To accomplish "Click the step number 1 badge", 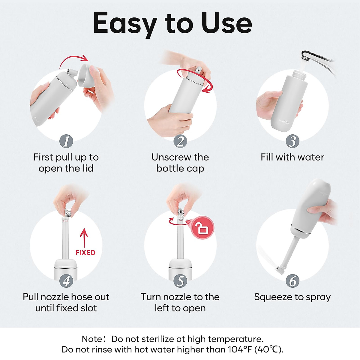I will click(66, 141).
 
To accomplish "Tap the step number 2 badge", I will click(180, 141).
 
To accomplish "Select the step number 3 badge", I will click(292, 141).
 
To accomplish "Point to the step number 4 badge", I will click(66, 281).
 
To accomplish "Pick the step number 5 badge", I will click(180, 281).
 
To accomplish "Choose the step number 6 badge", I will click(292, 281).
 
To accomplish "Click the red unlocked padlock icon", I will click(203, 228).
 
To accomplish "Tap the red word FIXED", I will click(85, 253).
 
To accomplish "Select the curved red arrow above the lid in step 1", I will click(74, 60).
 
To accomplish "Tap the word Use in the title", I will click(226, 23).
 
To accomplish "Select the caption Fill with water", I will click(292, 157).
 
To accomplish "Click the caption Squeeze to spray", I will click(292, 297).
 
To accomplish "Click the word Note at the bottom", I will click(92, 339).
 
